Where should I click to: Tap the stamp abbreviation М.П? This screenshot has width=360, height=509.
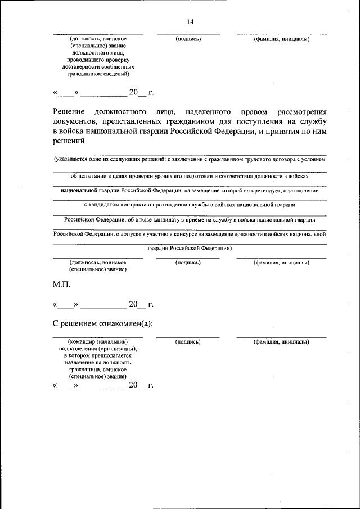pos(61,285)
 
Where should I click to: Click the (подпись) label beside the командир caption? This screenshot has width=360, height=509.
pos(188,342)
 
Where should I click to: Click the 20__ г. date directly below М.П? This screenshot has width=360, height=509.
pos(141,305)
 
